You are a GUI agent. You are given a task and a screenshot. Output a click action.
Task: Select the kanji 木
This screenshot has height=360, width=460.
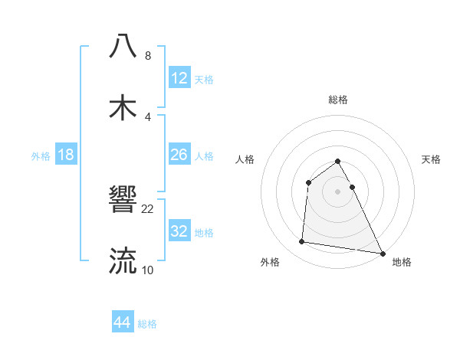(x=123, y=107)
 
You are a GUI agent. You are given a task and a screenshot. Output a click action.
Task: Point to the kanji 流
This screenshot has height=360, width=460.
(x=123, y=260)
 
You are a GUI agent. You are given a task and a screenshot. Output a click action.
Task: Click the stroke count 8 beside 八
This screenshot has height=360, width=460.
(x=148, y=56)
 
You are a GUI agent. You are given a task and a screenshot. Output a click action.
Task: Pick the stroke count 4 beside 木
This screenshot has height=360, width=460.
(x=148, y=117)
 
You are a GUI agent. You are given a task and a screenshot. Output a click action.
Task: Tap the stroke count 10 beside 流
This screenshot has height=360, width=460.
(x=148, y=270)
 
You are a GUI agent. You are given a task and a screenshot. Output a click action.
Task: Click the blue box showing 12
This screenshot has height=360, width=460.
(x=179, y=78)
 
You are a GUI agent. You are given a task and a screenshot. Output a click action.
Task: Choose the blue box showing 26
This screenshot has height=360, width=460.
(x=179, y=155)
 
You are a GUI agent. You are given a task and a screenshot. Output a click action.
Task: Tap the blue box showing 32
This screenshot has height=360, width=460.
(x=179, y=231)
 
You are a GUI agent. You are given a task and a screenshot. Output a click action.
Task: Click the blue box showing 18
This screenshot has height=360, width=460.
(x=66, y=155)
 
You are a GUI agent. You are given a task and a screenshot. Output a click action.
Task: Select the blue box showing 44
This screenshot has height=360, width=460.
(x=123, y=322)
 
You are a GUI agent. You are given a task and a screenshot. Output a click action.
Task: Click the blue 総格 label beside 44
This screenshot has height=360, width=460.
(x=147, y=324)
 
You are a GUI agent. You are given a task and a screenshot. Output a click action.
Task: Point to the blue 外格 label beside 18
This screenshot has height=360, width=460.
(x=41, y=156)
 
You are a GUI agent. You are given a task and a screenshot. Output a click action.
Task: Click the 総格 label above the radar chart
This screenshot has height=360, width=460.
(x=338, y=100)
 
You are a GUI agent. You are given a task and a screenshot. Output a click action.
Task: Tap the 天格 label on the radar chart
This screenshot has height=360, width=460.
(x=432, y=159)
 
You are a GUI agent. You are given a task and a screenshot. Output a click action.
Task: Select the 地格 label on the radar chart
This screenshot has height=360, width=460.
(x=402, y=263)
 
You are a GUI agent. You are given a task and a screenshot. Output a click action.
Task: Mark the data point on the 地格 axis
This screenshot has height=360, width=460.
(x=383, y=253)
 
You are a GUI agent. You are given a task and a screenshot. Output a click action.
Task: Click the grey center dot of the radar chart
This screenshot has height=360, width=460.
(x=338, y=191)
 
